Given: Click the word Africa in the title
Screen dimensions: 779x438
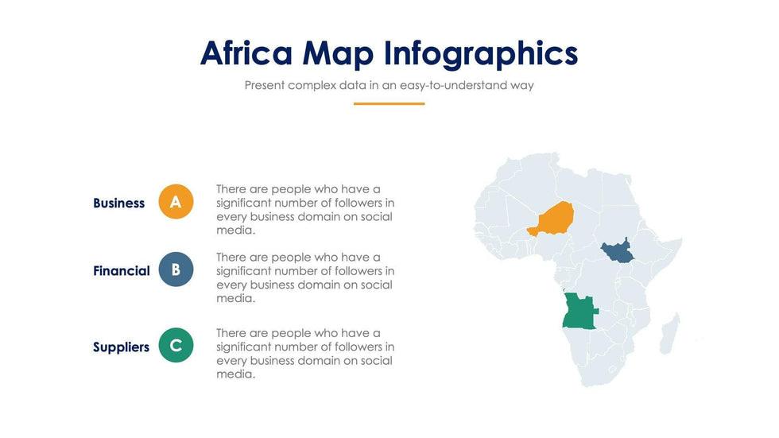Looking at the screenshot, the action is [x=246, y=52].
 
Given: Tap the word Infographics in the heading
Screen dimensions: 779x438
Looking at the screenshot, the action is [x=481, y=53].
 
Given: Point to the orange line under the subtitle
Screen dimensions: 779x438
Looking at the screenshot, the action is [x=389, y=104].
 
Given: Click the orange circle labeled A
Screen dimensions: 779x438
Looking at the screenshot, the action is [x=176, y=202].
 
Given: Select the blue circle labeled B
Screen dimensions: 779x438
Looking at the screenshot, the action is [x=176, y=269].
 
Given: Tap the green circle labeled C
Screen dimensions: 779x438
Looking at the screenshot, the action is [x=176, y=345].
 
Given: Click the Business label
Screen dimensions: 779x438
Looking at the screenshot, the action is [x=118, y=203].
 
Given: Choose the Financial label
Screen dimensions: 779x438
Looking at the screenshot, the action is [x=121, y=270].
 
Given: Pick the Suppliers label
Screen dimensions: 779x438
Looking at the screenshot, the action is [x=121, y=347].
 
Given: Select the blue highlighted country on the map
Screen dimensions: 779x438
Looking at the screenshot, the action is [x=617, y=251].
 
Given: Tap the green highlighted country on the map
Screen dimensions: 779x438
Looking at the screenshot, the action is [x=579, y=312].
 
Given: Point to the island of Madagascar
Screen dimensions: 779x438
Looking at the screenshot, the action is [x=669, y=334].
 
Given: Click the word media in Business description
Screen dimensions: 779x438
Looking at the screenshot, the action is [x=235, y=231].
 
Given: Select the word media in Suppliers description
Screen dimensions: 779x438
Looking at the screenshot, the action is [x=235, y=374].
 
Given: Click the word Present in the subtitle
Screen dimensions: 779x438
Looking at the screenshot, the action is [x=264, y=85].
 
